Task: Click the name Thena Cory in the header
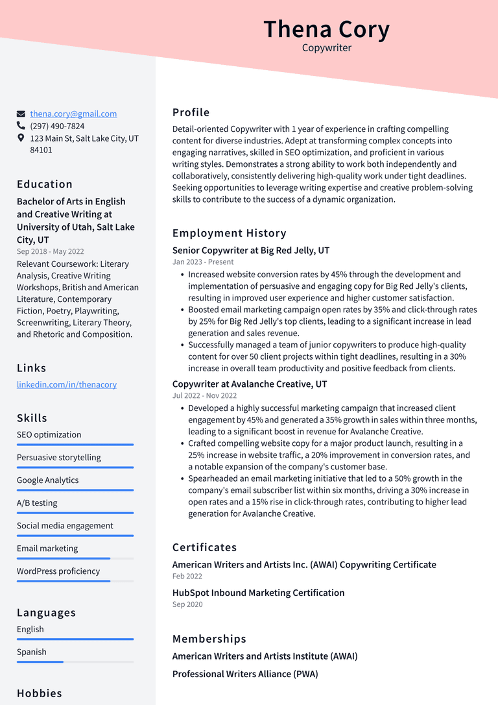tap(326, 29)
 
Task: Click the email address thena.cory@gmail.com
tap(73, 114)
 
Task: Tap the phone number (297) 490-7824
tap(57, 126)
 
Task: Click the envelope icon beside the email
tap(21, 114)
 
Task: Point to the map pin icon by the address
tap(21, 138)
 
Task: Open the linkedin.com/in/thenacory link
tap(67, 384)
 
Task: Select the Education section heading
tap(45, 184)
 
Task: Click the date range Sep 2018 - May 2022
tap(50, 251)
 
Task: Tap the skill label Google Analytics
tap(47, 480)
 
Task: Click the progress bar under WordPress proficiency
tap(75, 581)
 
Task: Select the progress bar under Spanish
tap(75, 662)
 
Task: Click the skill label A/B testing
tap(37, 503)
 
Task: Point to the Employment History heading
tap(229, 233)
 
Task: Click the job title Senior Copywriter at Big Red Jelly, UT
tap(251, 251)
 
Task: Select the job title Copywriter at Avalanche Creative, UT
tap(250, 384)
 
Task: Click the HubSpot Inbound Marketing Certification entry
tap(258, 593)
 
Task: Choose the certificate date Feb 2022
tap(187, 576)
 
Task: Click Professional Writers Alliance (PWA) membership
tap(245, 674)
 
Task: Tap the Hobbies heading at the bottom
tap(40, 693)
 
